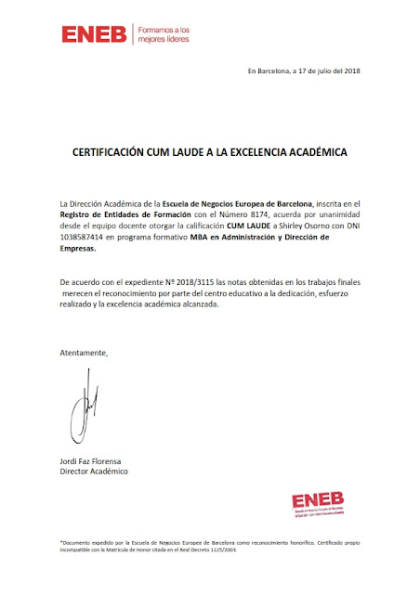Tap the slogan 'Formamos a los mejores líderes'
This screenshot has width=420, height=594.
[164, 35]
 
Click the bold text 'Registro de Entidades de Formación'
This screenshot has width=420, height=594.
[120, 215]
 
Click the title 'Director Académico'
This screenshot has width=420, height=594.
[93, 471]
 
